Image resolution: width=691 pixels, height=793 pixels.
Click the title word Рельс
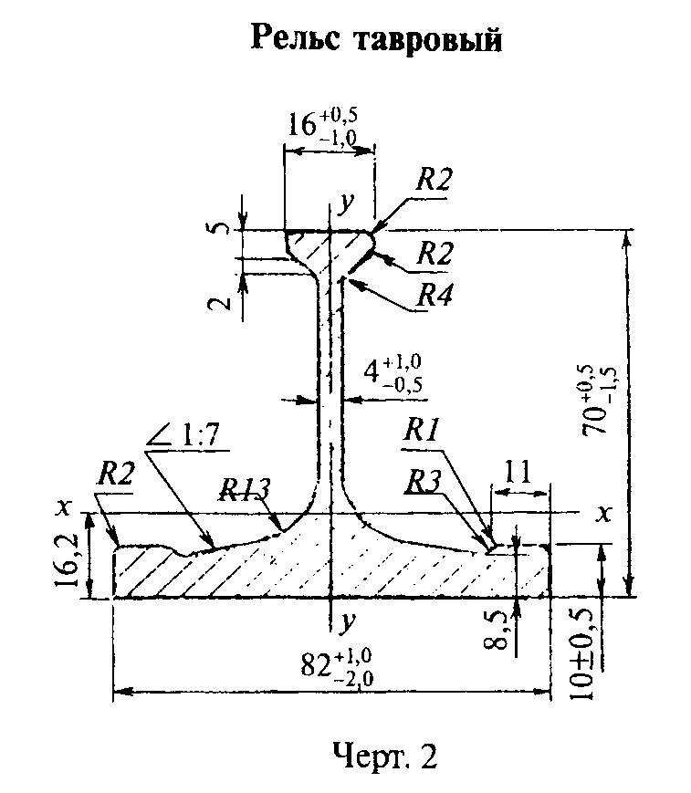(x=296, y=38)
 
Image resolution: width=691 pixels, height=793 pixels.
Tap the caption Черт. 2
(x=385, y=756)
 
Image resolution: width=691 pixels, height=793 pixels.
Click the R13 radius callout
(x=245, y=489)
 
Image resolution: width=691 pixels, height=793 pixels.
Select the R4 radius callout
(x=434, y=295)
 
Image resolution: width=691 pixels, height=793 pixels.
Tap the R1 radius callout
(x=421, y=432)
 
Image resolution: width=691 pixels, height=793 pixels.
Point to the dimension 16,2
(x=67, y=558)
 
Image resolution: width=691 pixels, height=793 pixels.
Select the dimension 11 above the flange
(x=518, y=471)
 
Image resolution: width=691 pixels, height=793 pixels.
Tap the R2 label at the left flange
(x=115, y=474)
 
